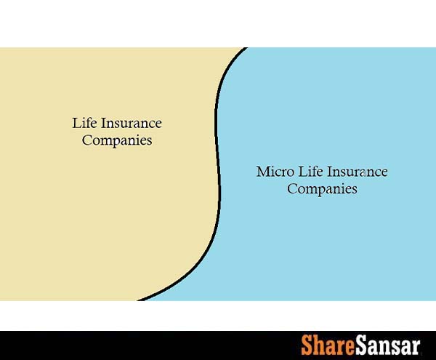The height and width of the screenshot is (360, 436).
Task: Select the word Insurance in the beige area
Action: [x=129, y=124]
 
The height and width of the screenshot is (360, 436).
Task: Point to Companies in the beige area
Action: [x=117, y=140]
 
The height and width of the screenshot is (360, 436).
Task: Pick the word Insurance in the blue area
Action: [x=357, y=172]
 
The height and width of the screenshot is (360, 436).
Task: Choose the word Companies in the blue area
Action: [x=322, y=189]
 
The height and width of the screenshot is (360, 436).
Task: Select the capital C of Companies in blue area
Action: [x=292, y=189]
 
